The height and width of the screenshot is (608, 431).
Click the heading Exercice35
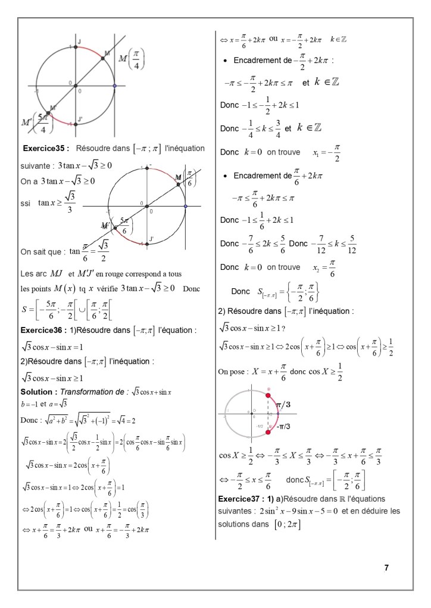click(45, 148)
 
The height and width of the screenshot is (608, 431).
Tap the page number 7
click(387, 568)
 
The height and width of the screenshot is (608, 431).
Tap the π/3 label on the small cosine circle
click(283, 405)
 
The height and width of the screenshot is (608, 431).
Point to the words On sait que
click(42, 251)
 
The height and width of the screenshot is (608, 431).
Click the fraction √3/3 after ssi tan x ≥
click(70, 203)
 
